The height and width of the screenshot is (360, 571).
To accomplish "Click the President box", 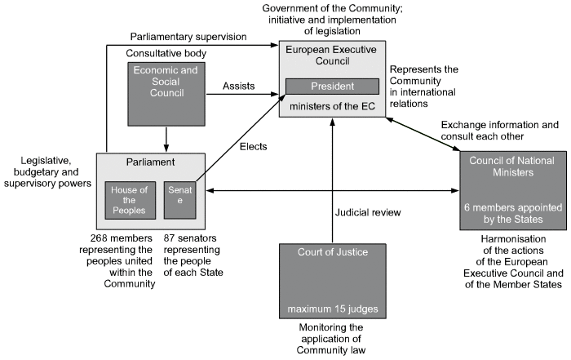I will click(331, 86).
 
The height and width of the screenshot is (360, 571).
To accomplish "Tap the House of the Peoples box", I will click(130, 201).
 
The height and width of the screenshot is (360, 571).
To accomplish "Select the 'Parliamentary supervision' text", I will click(187, 37).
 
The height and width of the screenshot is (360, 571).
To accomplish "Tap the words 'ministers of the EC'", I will click(331, 105).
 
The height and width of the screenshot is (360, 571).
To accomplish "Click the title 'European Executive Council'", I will click(331, 56).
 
